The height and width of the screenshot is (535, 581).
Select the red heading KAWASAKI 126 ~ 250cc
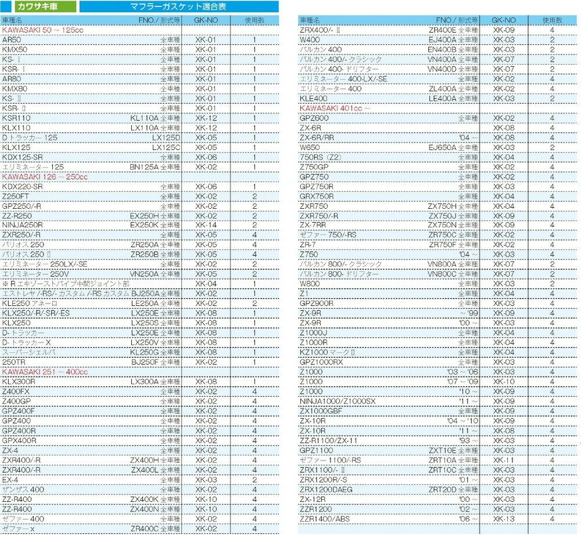45,176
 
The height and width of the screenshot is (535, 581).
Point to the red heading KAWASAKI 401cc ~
335,108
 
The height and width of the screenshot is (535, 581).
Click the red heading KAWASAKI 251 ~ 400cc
45,372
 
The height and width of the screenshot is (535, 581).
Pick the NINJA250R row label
23,225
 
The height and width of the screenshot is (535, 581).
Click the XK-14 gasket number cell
206,225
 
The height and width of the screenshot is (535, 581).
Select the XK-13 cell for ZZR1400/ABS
503,519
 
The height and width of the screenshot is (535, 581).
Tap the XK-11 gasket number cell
503,460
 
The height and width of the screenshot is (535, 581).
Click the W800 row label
310,284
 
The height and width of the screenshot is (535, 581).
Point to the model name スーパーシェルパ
29,352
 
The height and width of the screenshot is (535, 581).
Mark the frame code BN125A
144,167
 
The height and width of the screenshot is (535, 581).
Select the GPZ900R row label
317,304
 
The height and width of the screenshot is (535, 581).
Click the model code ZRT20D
443,490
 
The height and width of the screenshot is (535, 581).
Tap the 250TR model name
14,362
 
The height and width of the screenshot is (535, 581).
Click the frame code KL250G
145,352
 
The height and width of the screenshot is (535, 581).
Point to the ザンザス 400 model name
23,489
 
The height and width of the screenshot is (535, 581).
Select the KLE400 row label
314,98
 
